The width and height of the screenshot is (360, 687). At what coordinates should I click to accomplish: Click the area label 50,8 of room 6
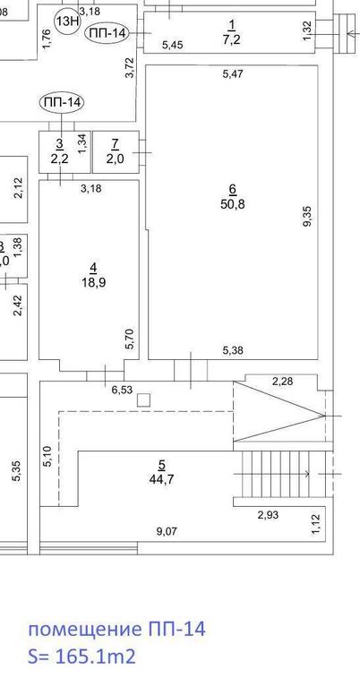coord(233,203)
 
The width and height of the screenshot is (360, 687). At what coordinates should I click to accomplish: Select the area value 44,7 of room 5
coord(161,479)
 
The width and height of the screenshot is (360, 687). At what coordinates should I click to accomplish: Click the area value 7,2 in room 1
coord(232,39)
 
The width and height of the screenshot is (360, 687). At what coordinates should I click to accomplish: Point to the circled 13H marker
coord(66,21)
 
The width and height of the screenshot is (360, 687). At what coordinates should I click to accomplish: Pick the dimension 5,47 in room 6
coord(233,73)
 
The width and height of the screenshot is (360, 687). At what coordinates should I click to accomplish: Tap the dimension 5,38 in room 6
coord(233,350)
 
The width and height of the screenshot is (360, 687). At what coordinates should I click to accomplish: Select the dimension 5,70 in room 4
coord(130,339)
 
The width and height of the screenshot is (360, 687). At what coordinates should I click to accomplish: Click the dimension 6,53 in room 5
coord(122,390)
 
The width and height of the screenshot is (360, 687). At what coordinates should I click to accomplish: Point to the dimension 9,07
coord(167,531)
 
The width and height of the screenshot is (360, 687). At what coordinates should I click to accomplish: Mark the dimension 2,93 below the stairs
coord(269,515)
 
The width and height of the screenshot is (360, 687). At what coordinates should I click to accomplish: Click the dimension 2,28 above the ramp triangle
coord(282,382)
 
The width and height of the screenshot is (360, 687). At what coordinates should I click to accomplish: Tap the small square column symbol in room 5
coord(143,400)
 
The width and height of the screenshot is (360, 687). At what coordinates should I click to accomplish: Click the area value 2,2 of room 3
coord(59,159)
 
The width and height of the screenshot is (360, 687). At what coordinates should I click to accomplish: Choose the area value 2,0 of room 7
coord(115,159)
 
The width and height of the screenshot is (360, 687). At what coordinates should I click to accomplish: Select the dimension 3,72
coord(130,68)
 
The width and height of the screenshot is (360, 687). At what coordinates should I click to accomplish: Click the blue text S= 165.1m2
coord(81,657)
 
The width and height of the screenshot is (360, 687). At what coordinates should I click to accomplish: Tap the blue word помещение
coord(81,630)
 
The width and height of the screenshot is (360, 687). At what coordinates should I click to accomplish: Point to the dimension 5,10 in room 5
coord(48,456)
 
